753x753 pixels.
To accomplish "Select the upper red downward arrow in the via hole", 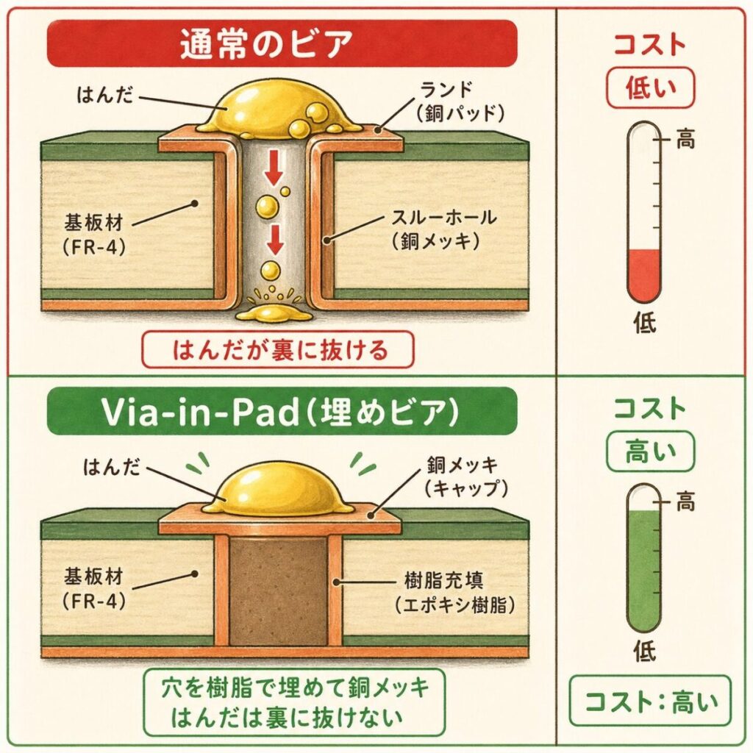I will point(274,171).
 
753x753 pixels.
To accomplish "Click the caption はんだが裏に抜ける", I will point(279,351).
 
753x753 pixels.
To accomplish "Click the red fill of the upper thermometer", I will point(645,276).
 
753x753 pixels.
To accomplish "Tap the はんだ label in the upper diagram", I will point(107,96).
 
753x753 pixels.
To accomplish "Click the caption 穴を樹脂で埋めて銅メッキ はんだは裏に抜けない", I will point(293,702).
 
